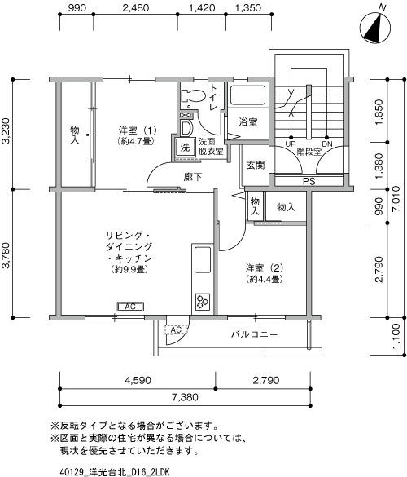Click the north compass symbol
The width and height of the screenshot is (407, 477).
pyautogui.click(x=375, y=28)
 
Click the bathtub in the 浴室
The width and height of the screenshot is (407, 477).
pyautogui.click(x=247, y=95)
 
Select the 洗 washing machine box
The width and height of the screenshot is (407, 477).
pyautogui.click(x=186, y=148)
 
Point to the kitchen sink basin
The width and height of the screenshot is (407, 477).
pyautogui.click(x=203, y=259)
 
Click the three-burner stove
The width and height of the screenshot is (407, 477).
pyautogui.click(x=203, y=301)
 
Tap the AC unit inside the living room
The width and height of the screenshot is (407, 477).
pyautogui.click(x=130, y=307)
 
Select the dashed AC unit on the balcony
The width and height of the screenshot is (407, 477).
pyautogui.click(x=177, y=329)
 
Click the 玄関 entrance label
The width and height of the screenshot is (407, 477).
pyautogui.click(x=256, y=166)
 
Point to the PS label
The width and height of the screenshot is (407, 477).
pyautogui.click(x=309, y=182)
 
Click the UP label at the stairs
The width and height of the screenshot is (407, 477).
pyautogui.click(x=291, y=144)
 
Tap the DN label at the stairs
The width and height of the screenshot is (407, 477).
pyautogui.click(x=327, y=144)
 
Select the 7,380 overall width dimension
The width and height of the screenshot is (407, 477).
pyautogui.click(x=185, y=397)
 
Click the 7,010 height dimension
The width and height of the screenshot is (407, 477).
pyautogui.click(x=397, y=199)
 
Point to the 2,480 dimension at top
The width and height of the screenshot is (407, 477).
pyautogui.click(x=136, y=8)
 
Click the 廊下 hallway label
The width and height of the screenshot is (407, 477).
pyautogui.click(x=193, y=177)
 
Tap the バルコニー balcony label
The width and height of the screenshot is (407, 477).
pyautogui.click(x=254, y=334)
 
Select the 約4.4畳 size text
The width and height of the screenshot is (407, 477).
pyautogui.click(x=265, y=279)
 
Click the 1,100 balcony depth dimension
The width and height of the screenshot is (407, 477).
pyautogui.click(x=396, y=336)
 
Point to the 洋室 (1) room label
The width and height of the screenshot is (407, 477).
pyautogui.click(x=138, y=130)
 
